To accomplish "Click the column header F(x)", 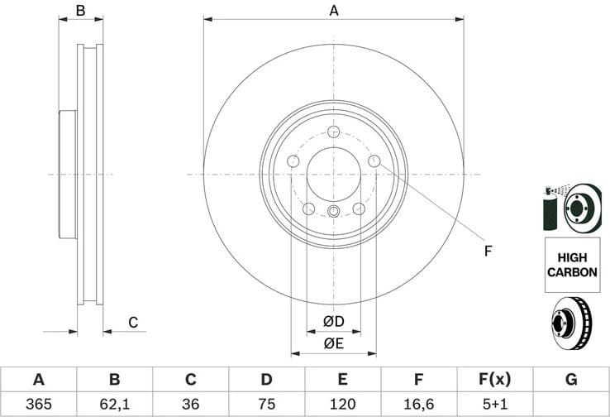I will click(494, 380).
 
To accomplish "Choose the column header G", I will click(570, 380).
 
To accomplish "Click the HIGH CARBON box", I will click(570, 264).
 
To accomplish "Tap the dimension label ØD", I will click(334, 321).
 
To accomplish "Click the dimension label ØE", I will click(334, 343).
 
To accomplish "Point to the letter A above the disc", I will click(334, 11).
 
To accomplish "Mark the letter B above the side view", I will click(80, 11).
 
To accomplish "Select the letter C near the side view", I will click(132, 322).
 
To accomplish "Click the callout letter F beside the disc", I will click(488, 251).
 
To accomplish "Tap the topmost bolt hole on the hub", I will click(334, 132).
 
